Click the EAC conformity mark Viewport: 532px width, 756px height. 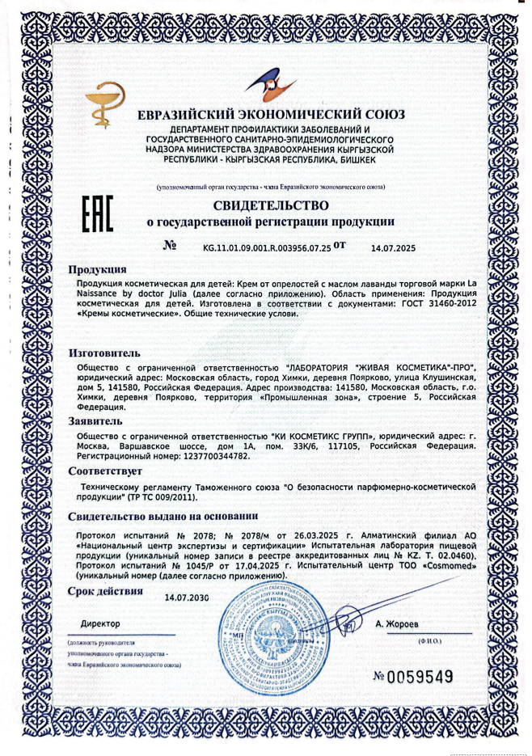coord(98,213)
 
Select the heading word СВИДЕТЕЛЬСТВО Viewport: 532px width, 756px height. coord(271,205)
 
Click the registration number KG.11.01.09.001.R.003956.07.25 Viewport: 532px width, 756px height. coord(268,248)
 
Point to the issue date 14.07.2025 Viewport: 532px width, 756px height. coord(393,249)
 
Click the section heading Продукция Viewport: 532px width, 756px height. coord(96,269)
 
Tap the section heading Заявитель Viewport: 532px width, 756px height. coord(95,421)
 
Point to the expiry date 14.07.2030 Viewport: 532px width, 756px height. coord(187,598)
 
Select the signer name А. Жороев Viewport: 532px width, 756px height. coord(399,624)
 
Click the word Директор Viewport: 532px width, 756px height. coord(100,624)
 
